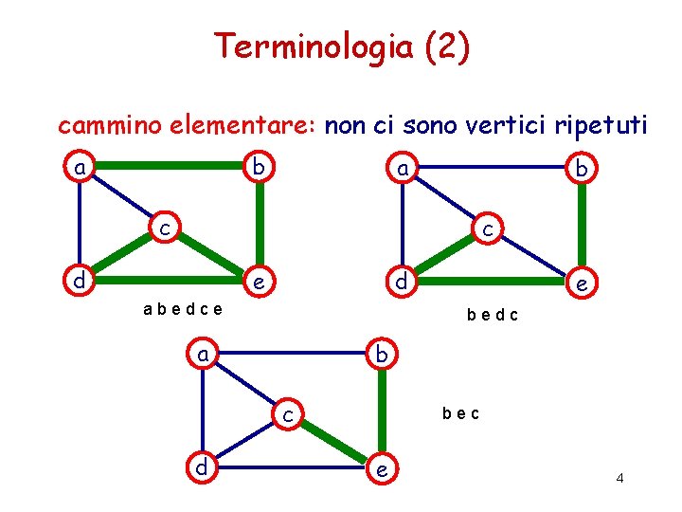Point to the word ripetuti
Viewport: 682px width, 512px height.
(x=590, y=126)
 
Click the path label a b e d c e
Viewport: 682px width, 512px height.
(x=182, y=308)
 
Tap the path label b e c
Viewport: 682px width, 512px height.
(x=460, y=413)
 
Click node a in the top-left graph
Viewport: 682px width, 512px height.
(x=81, y=168)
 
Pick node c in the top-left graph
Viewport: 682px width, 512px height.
(x=164, y=228)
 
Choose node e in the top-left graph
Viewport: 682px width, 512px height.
(x=256, y=282)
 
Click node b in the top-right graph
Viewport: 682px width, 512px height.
(x=580, y=168)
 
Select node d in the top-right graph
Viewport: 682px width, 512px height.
(x=402, y=282)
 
